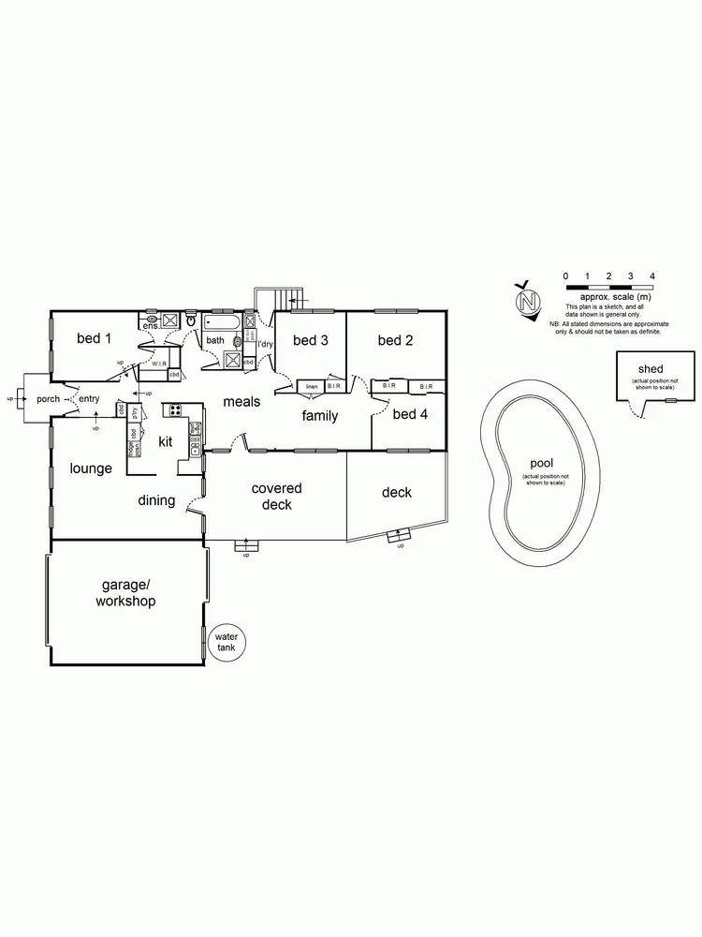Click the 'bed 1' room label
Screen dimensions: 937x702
94,339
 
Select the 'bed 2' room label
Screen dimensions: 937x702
395,340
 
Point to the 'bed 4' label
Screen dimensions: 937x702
409,413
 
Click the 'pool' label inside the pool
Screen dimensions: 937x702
541,464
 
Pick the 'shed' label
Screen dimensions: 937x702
651,369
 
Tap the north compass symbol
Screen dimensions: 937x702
530,302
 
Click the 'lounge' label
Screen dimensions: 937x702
91,468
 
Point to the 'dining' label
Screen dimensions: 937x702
156,500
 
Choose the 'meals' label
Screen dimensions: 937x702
241,402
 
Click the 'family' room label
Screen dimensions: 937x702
319,416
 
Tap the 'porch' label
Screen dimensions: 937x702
48,399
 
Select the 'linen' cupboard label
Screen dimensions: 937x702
311,386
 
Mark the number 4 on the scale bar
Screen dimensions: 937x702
651,275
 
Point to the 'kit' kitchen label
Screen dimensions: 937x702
165,440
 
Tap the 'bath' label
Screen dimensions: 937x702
215,341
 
